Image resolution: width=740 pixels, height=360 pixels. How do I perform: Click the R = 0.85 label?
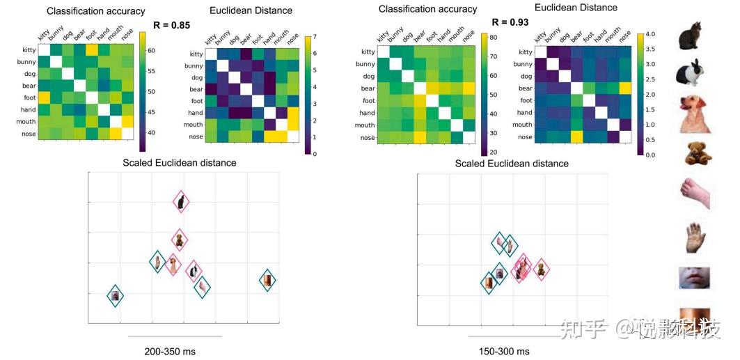[171, 25]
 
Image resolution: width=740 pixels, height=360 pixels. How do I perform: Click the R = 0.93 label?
[510, 22]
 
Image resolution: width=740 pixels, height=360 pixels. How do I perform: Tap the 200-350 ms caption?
[170, 351]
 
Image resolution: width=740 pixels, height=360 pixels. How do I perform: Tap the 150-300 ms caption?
[504, 351]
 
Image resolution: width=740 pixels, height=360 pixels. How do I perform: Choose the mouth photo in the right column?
[694, 277]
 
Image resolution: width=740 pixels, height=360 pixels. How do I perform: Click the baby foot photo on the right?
[694, 194]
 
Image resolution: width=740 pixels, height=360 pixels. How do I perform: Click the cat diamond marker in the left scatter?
[181, 202]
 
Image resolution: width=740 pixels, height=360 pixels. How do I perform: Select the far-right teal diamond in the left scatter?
[267, 280]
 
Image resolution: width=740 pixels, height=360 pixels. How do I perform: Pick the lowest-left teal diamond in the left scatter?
[116, 296]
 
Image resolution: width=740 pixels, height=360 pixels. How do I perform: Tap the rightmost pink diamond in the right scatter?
[541, 269]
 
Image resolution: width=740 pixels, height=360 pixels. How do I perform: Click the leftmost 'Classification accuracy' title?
[96, 11]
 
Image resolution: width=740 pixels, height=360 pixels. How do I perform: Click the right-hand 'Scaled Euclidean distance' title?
[512, 164]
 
